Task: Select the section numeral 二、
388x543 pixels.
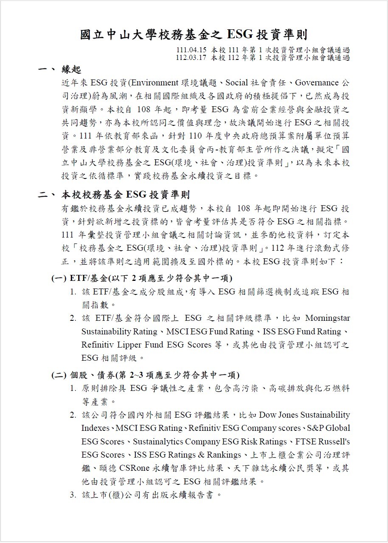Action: point(46,195)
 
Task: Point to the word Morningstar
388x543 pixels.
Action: point(327,318)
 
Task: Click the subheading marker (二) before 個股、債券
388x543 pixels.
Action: point(59,375)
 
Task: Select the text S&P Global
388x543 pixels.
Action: point(329,428)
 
